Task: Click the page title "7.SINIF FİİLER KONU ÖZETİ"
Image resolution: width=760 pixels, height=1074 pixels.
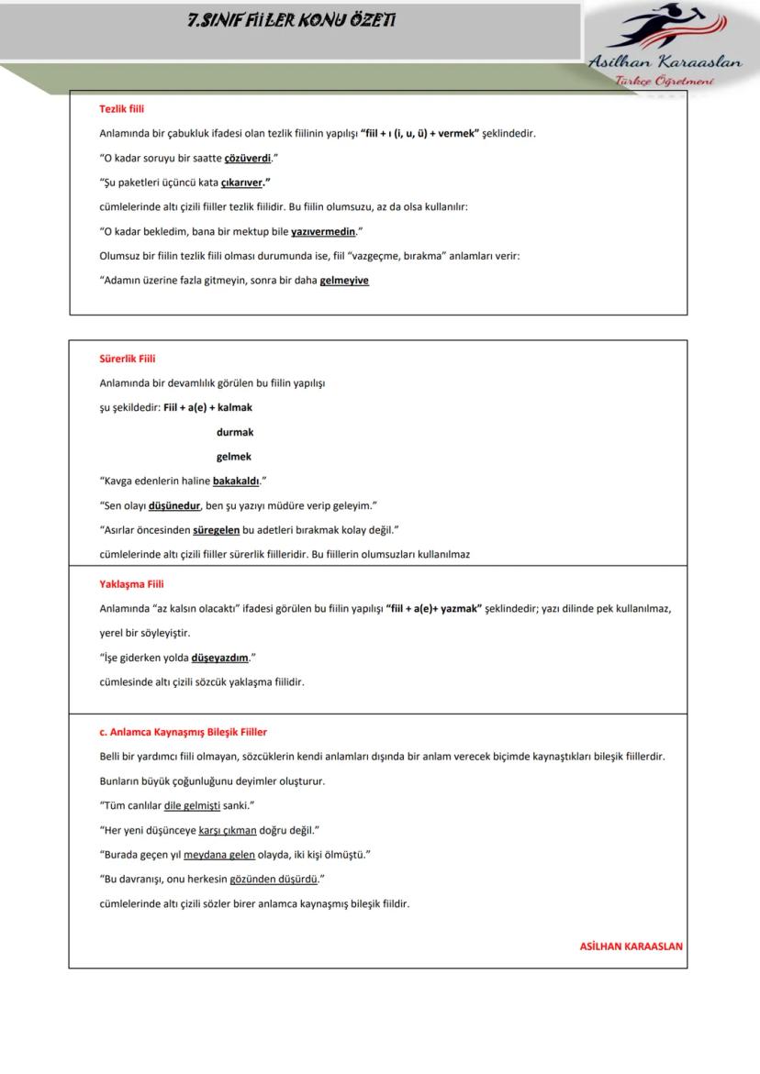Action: tap(292, 20)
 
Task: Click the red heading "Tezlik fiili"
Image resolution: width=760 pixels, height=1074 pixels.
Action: tap(121, 109)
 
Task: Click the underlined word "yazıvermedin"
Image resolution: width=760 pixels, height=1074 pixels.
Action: tap(323, 232)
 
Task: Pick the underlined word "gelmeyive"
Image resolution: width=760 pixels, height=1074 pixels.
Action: tap(344, 281)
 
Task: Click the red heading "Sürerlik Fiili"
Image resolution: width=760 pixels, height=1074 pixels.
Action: tap(127, 359)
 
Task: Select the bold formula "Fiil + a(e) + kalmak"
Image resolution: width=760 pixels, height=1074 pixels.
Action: tap(207, 408)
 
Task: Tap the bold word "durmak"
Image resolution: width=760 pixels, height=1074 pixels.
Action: tap(234, 432)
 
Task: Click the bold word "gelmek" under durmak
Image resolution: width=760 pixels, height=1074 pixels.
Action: tap(233, 457)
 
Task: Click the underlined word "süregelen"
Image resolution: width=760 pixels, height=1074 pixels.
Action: tap(217, 530)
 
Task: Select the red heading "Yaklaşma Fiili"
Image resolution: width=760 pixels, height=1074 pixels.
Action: tap(131, 584)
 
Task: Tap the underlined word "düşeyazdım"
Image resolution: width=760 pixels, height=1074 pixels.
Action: tap(220, 658)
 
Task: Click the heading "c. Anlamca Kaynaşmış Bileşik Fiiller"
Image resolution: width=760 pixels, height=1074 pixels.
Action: tap(183, 733)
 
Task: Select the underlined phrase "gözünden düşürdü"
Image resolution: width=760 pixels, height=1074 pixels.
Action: tap(273, 880)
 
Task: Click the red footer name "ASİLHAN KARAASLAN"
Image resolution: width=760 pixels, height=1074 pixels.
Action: tap(631, 947)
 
